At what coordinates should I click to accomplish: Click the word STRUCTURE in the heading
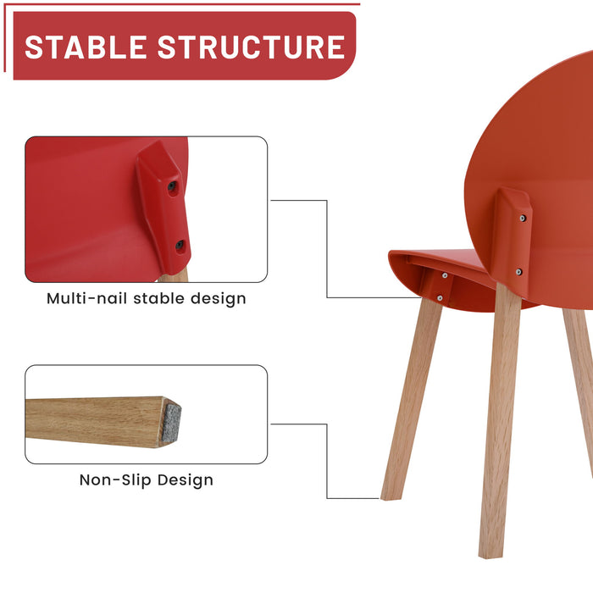click(252, 47)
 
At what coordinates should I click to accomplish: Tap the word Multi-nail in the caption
click(88, 298)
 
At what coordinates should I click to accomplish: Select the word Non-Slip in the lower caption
click(113, 480)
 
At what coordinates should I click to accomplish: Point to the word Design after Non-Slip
click(183, 480)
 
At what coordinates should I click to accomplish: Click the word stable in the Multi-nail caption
click(161, 298)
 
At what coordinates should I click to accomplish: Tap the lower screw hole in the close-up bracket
click(180, 246)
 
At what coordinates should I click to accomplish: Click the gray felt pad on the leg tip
click(171, 422)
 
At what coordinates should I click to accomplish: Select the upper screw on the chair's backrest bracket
click(522, 219)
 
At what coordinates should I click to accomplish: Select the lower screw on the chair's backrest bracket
click(518, 271)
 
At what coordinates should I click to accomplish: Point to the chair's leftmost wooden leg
click(412, 398)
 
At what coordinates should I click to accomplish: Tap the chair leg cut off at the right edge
click(580, 373)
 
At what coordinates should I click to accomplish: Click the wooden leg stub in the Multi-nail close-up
click(178, 274)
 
